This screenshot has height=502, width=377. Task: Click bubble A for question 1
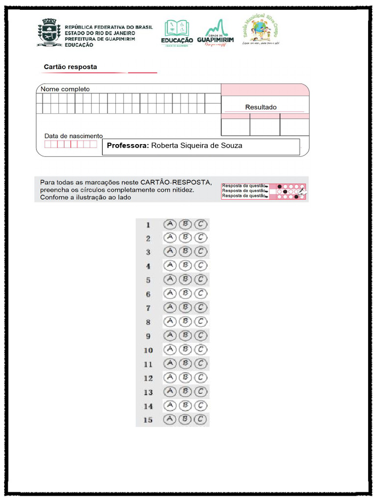point(169,224)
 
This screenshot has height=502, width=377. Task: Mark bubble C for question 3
point(200,252)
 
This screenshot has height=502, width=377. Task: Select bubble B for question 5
point(185,280)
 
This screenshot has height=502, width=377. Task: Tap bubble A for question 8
point(169,322)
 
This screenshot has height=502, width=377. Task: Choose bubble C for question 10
point(200,350)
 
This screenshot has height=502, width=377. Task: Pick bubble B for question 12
point(185,377)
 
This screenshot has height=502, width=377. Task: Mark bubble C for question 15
point(200,419)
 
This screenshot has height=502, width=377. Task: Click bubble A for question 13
point(169,391)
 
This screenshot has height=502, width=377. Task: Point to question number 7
point(148,308)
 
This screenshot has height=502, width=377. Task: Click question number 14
point(148,406)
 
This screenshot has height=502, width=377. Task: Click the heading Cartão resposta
point(70,67)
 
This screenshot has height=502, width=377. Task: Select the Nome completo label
point(65,89)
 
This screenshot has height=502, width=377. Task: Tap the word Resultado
point(261,107)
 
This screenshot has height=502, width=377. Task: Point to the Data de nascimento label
point(73,136)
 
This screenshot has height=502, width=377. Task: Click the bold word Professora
point(128,146)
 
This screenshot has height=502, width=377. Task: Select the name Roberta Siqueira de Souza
point(196,146)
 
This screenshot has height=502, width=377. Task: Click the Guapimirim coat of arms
point(49,33)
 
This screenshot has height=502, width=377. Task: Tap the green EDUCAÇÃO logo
point(177,33)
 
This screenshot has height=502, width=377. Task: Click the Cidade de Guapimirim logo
point(215,33)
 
